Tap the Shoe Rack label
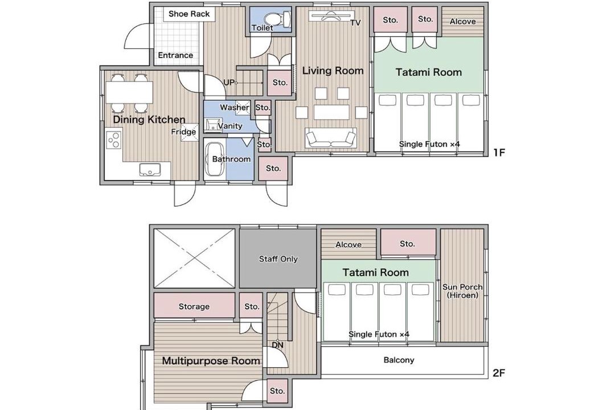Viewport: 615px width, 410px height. click(x=189, y=14)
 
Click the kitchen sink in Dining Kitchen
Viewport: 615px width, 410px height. click(x=150, y=169)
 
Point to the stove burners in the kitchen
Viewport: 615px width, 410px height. click(x=114, y=140)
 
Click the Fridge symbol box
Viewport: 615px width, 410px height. click(x=188, y=132)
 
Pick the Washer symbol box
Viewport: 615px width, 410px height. click(x=243, y=108)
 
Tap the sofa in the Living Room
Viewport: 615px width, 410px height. click(x=331, y=138)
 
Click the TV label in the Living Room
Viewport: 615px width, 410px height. click(x=355, y=23)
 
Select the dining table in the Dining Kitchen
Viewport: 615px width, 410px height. click(x=129, y=92)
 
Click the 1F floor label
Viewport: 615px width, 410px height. click(x=498, y=152)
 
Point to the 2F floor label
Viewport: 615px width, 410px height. click(x=498, y=373)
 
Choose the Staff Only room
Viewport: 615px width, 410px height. click(x=278, y=258)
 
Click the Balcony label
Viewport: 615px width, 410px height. click(x=399, y=360)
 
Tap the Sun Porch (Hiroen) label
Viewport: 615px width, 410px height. click(x=462, y=291)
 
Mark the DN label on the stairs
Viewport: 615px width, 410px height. click(x=277, y=345)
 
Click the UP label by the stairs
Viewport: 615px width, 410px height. click(x=229, y=83)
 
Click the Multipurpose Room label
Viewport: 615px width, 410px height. click(x=211, y=360)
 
